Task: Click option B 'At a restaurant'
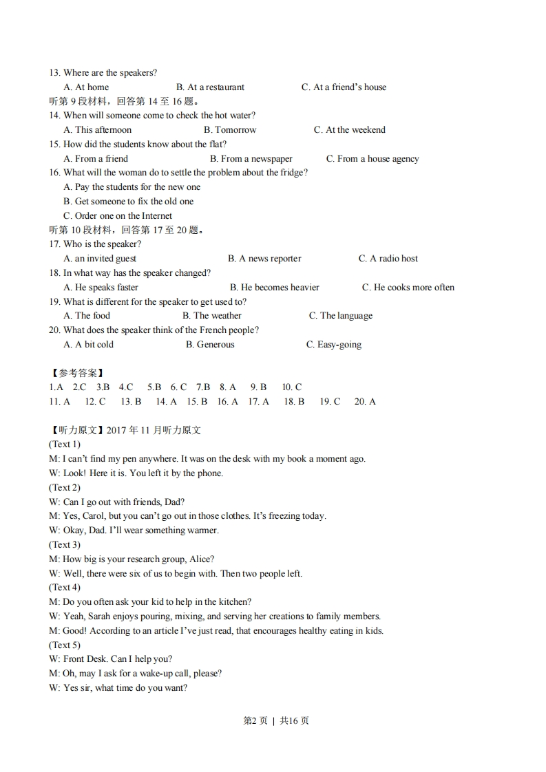coord(210,87)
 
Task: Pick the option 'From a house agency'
coord(372,159)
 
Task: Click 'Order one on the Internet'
coord(118,216)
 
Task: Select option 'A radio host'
coord(388,259)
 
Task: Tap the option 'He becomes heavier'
coord(274,288)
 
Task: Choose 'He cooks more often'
coord(408,288)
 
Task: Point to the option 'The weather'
coord(212,316)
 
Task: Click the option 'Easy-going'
coord(333,345)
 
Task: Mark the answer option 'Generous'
coord(210,345)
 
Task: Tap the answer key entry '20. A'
coord(365,402)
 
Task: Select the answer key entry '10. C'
coord(292,387)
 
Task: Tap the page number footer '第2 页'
coord(255,721)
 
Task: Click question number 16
coord(54,173)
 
